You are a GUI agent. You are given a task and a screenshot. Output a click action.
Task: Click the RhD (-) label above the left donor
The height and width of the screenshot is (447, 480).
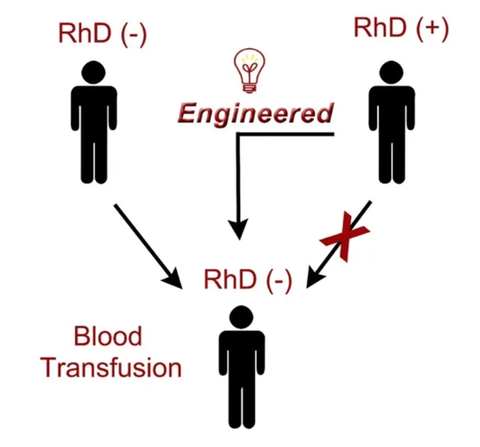coord(103,34)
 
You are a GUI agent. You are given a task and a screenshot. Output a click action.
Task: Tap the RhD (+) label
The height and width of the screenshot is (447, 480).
coord(401,28)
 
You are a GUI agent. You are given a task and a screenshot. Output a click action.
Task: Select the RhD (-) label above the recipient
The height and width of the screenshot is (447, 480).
coord(248,280)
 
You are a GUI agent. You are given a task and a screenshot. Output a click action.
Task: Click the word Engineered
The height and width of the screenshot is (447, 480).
coord(256,113)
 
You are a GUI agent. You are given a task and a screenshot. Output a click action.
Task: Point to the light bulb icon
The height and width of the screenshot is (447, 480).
coord(250,71)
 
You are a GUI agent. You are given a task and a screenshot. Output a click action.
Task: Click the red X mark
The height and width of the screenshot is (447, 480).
coord(345,237)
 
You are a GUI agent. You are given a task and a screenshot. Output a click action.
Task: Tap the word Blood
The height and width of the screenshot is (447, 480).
coord(108,336)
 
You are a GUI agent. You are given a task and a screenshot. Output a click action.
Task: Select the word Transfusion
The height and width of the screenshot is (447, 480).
coord(111,368)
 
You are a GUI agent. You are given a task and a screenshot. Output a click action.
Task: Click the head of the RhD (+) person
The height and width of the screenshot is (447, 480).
coord(391,72)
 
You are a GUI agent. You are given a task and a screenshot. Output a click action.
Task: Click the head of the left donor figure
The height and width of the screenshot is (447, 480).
coord(93,72)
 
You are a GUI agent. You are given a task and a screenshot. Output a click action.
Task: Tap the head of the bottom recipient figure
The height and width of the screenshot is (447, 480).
coord(242,317)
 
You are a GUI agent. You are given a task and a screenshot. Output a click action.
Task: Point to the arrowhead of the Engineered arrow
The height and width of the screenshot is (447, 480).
coord(239,229)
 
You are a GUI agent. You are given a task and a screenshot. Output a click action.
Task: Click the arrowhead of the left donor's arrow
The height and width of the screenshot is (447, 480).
coord(173,279)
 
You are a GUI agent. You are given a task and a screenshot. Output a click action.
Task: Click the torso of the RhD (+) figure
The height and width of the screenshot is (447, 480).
coord(392,113)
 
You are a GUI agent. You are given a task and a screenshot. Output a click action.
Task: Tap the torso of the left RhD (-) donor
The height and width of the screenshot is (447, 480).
coord(94,113)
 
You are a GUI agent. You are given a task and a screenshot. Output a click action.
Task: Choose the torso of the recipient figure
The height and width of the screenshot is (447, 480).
coord(242,358)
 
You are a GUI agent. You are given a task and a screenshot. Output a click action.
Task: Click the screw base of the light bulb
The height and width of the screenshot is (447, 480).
coord(250,88)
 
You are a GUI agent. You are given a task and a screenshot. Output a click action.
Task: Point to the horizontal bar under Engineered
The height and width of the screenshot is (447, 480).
coord(285,134)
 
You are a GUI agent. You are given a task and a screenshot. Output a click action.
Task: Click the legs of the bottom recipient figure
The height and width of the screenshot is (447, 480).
coord(242,407)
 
